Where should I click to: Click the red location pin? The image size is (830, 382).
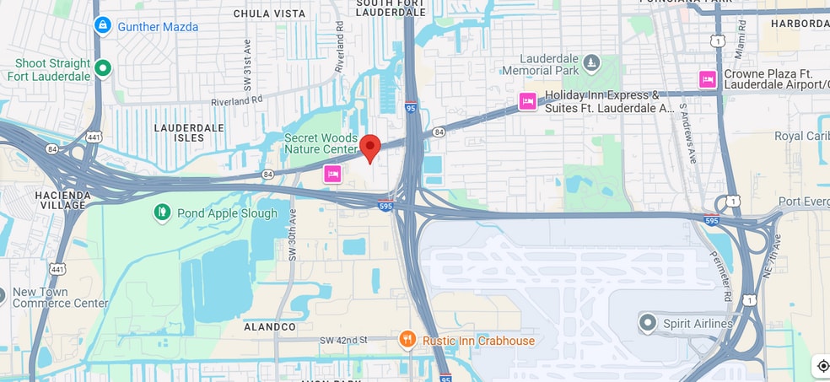click(369, 148)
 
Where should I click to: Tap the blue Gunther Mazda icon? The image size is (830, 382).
click(103, 25)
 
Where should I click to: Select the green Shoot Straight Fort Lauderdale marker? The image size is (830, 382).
click(103, 68)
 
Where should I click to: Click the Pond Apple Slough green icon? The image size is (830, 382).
click(162, 213)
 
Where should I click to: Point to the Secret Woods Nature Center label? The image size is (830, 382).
click(321, 143)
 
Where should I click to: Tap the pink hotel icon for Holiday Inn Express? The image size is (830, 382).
click(527, 102)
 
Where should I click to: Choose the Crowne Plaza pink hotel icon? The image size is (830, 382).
click(708, 79)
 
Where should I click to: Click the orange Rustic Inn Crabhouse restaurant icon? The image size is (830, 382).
click(407, 340)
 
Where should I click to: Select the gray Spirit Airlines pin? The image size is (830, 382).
click(647, 322)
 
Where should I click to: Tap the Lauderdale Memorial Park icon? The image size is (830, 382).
click(591, 63)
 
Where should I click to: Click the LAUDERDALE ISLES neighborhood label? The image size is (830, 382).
click(189, 132)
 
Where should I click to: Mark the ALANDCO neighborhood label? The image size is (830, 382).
click(270, 326)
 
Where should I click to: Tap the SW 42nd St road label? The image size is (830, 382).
click(343, 340)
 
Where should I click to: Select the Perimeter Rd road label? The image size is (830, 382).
click(727, 285)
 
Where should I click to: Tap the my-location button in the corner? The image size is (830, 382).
click(822, 366)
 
